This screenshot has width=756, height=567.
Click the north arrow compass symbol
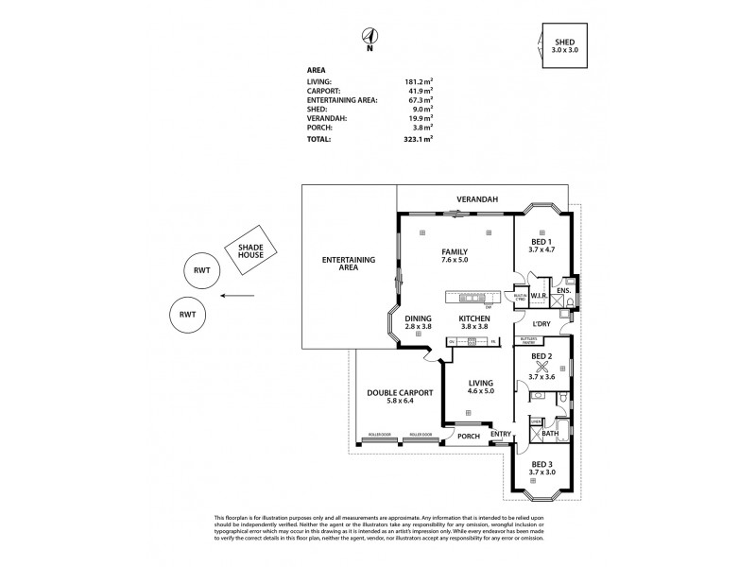click(369, 36)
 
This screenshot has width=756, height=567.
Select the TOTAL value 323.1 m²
click(416, 139)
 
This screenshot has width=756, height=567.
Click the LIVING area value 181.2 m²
click(417, 82)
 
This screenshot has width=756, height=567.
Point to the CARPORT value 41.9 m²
click(417, 92)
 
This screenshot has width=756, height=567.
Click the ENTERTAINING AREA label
click(349, 264)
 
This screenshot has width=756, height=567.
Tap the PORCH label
click(469, 436)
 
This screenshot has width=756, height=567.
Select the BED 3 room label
click(542, 469)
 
